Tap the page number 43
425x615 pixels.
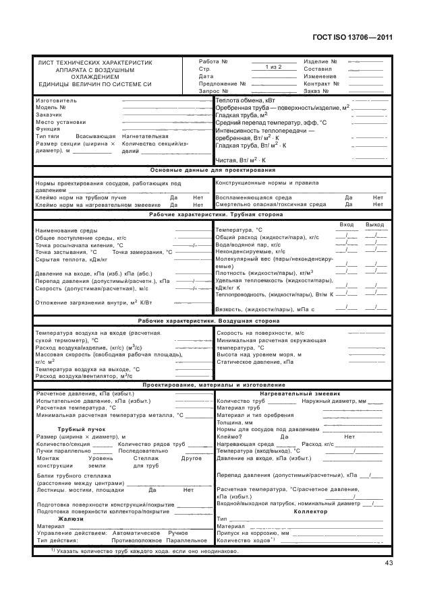click(389, 563)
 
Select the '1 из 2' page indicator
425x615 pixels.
click(273, 67)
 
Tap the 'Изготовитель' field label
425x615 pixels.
click(56, 100)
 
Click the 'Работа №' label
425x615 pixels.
click(213, 61)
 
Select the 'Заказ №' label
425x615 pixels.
click(316, 90)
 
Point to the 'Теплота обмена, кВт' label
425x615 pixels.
click(246, 100)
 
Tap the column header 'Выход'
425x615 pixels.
click(374, 224)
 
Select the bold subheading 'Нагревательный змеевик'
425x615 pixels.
click(301, 393)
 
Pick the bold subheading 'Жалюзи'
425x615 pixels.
click(71, 519)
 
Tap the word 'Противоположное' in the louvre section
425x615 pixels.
click(137, 540)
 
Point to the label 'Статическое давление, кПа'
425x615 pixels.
click(255, 362)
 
